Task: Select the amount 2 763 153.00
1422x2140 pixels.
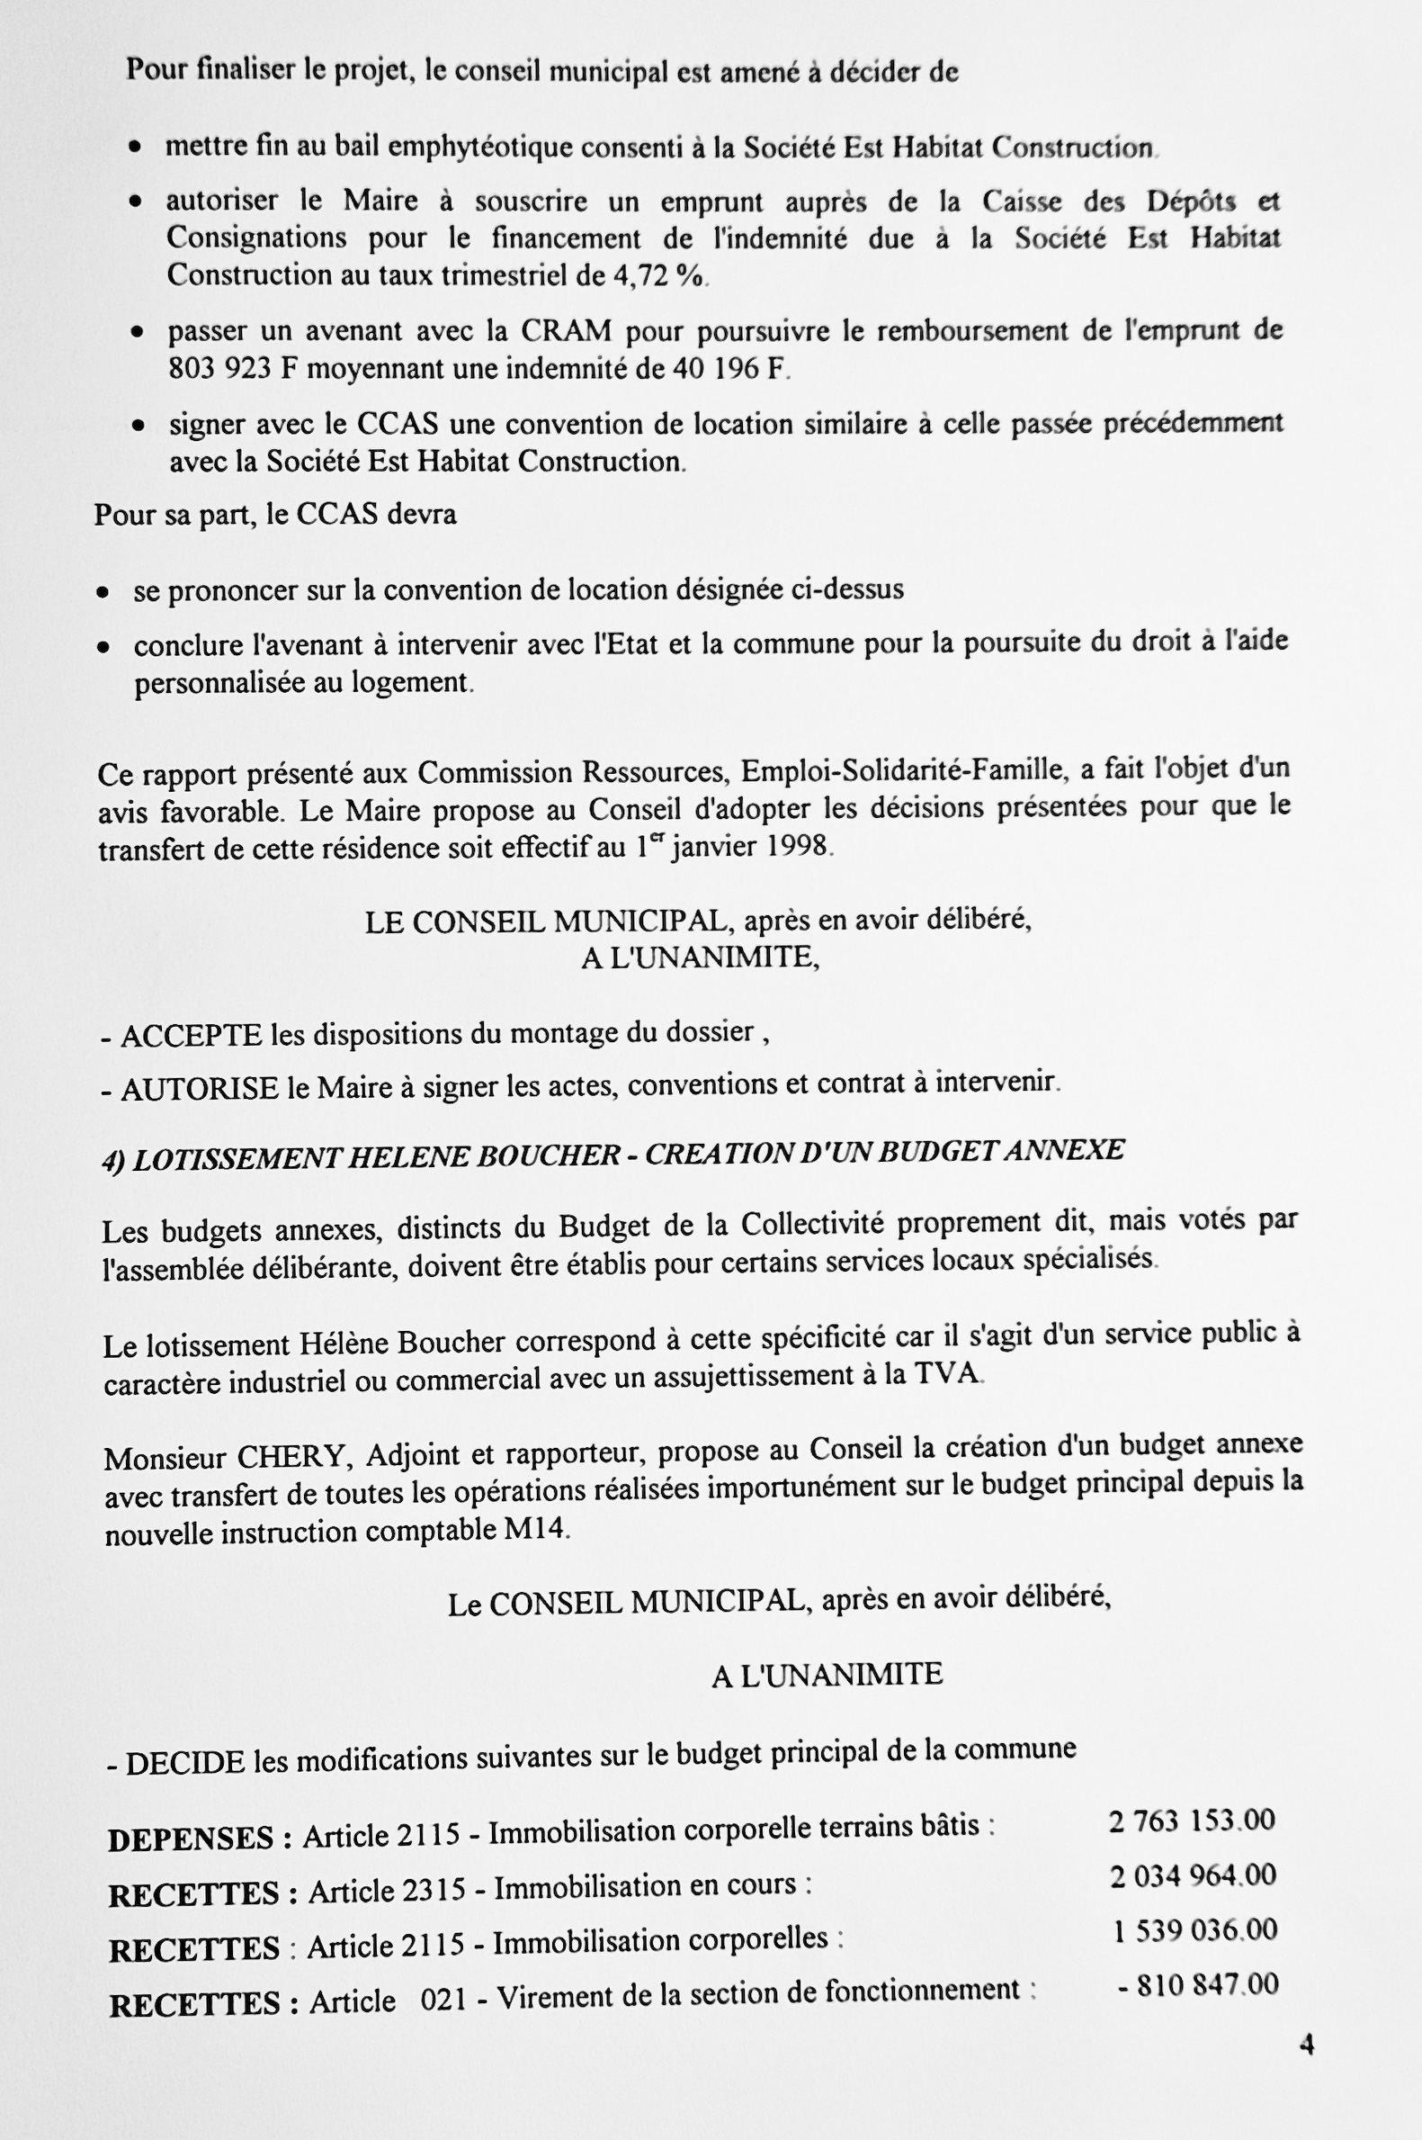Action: pos(1192,1821)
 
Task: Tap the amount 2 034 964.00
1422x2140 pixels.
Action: pos(1193,1875)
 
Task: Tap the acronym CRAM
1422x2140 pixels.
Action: pos(566,330)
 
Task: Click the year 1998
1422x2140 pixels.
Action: pos(797,846)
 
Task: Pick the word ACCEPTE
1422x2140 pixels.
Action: pos(192,1035)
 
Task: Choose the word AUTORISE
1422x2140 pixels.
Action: pos(200,1088)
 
